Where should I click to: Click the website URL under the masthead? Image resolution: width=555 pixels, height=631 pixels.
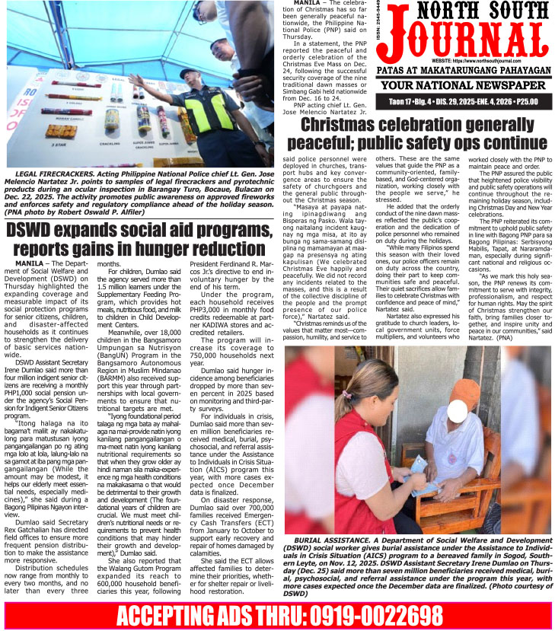pyautogui.click(x=472, y=60)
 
